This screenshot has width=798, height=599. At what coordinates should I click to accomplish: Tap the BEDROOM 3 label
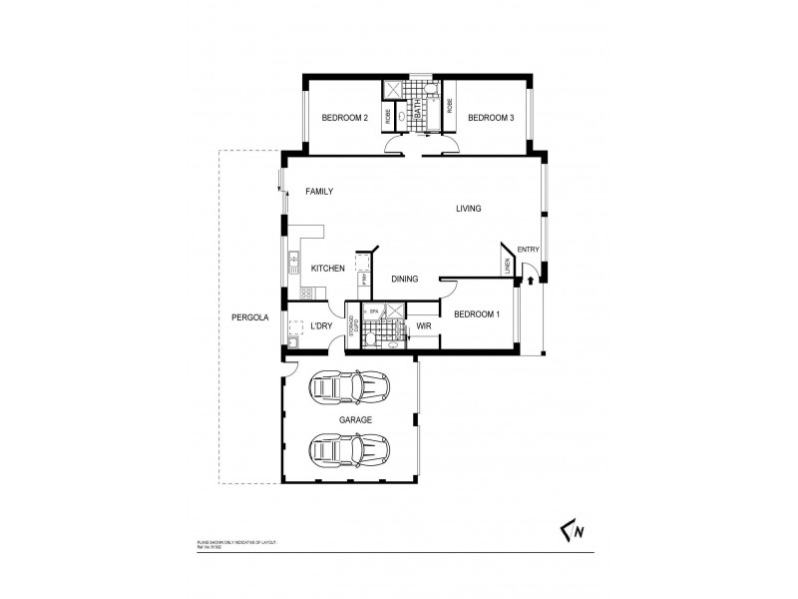click(490, 119)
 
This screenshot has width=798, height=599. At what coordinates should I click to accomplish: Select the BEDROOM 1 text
click(477, 314)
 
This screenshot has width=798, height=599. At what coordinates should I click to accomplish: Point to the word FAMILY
click(318, 192)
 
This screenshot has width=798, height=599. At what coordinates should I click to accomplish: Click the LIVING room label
click(468, 209)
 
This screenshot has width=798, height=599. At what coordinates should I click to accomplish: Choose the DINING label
click(404, 280)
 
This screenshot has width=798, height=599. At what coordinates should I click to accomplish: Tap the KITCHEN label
click(327, 269)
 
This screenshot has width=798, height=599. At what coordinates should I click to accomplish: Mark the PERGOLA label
click(249, 317)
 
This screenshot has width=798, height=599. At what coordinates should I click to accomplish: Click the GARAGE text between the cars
click(354, 420)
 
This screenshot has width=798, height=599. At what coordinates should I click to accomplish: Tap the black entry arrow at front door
click(530, 281)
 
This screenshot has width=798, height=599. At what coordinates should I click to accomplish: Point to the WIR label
click(423, 325)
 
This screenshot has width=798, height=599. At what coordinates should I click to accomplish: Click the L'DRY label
click(320, 325)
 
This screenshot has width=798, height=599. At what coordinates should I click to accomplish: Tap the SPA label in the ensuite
click(374, 311)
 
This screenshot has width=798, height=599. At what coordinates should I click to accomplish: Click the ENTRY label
click(528, 250)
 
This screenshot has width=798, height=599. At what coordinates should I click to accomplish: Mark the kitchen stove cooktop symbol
click(307, 293)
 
